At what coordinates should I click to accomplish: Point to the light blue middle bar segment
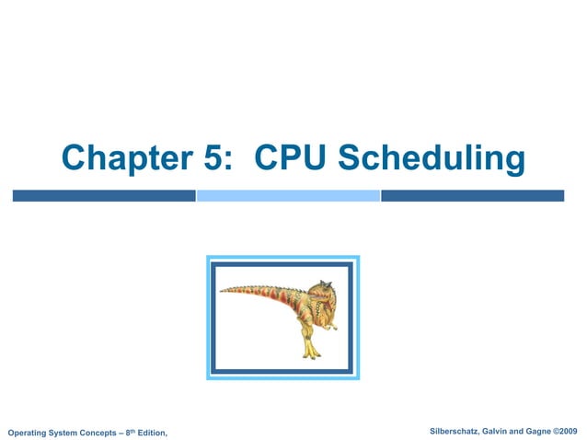click(288, 195)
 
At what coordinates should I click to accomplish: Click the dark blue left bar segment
click(103, 195)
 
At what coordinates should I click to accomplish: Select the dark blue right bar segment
click(472, 195)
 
